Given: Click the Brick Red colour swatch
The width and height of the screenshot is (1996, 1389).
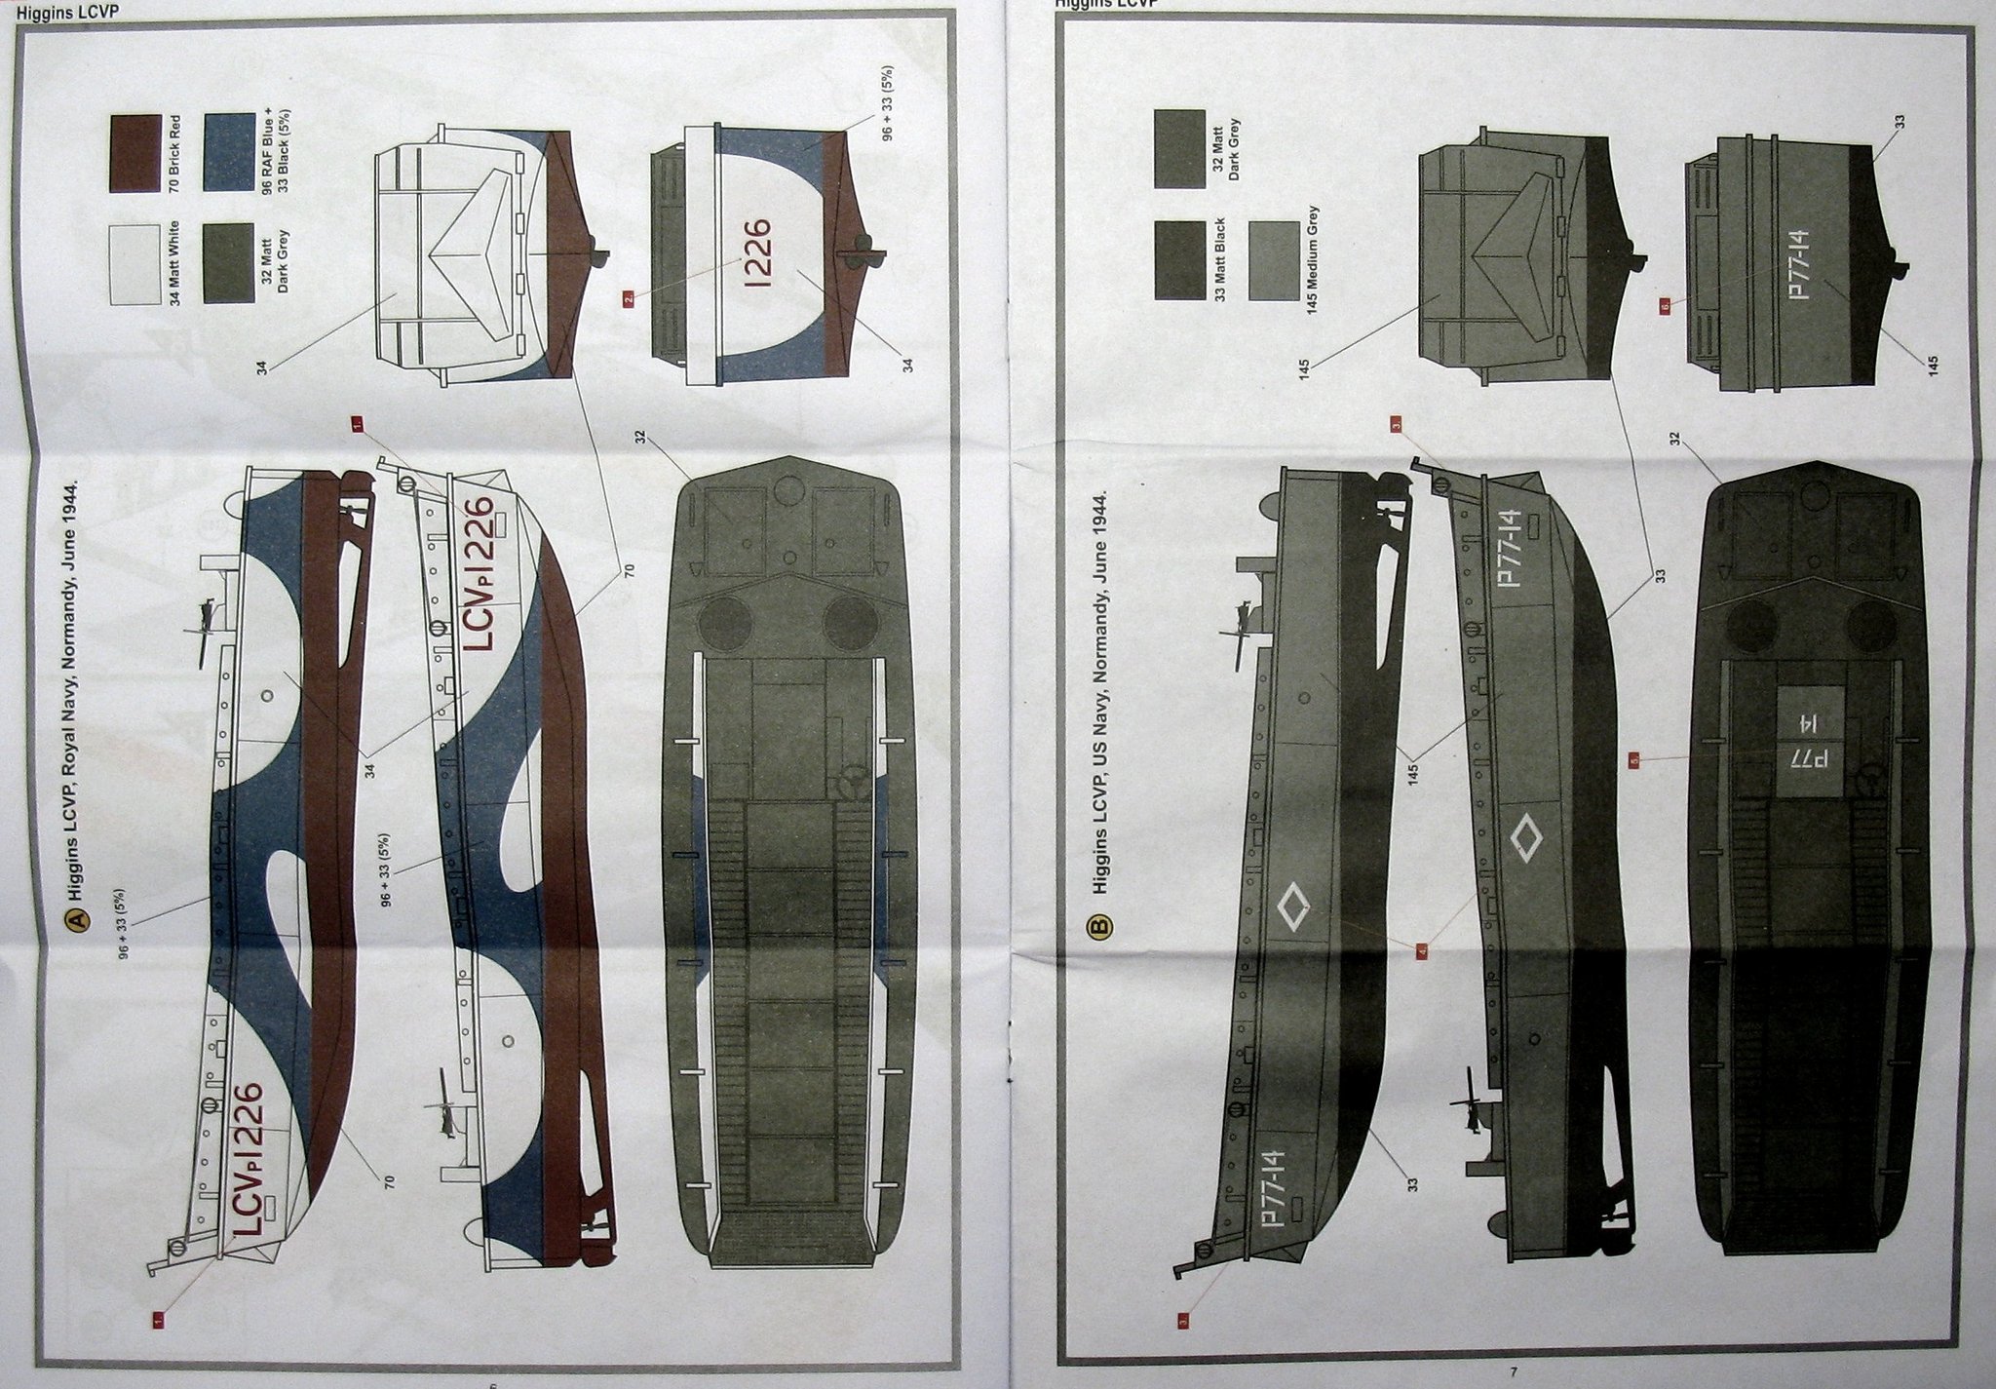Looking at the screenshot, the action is (134, 154).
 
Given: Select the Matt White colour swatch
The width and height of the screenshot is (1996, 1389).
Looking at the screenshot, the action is (134, 265).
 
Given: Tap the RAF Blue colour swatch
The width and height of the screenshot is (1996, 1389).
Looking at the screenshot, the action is (230, 154).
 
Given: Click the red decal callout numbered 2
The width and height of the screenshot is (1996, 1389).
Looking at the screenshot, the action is (631, 299).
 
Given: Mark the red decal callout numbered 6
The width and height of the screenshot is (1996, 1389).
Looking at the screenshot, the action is (1665, 305).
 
